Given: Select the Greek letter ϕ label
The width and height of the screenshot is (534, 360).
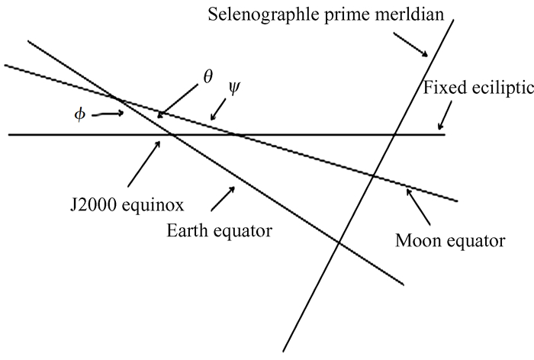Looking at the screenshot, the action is [80, 114].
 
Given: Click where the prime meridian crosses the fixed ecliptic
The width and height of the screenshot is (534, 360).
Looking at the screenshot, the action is [394, 135].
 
